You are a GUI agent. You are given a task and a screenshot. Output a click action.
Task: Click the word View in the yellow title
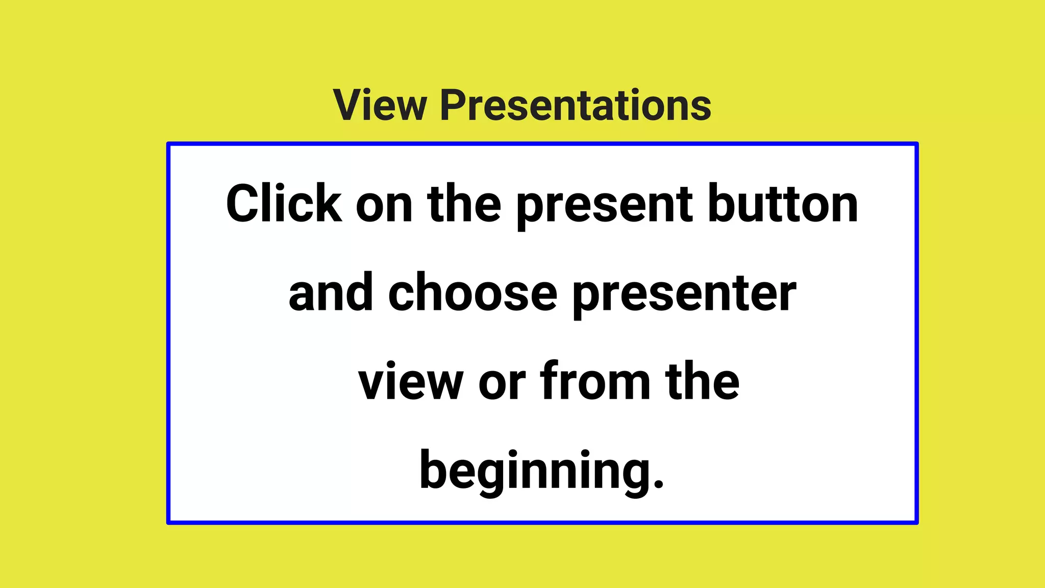tap(380, 105)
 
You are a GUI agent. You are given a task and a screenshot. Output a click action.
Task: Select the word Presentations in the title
tap(576, 105)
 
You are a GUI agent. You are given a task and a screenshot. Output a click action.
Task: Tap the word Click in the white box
tap(284, 204)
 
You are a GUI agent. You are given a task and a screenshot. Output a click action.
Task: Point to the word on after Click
tap(384, 205)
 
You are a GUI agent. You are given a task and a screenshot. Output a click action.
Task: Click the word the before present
tap(464, 204)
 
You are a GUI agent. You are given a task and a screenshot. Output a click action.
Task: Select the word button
tap(783, 204)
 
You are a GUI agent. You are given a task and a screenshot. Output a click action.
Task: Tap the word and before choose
tap(331, 293)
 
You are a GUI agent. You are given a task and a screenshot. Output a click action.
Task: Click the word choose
tap(472, 293)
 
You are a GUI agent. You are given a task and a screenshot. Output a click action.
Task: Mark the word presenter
tap(684, 295)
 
